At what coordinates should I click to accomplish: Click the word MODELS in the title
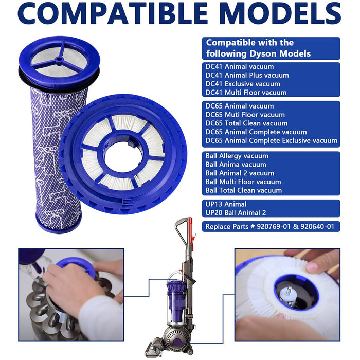pyautogui.click(x=280, y=13)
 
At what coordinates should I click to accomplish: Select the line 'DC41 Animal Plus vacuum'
pyautogui.click(x=247, y=75)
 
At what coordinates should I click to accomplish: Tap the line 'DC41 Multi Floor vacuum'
pyautogui.click(x=246, y=92)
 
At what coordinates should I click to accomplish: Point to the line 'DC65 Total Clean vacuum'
pyautogui.click(x=246, y=123)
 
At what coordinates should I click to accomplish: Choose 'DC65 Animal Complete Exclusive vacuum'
pyautogui.click(x=272, y=140)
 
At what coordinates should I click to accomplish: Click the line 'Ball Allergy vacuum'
pyautogui.click(x=237, y=156)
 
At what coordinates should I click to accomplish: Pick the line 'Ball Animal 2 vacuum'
pyautogui.click(x=240, y=173)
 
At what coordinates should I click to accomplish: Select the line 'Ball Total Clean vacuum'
pyautogui.click(x=244, y=190)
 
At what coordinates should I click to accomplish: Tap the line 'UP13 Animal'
pyautogui.click(x=226, y=204)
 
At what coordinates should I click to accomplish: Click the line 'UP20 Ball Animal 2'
pyautogui.click(x=236, y=212)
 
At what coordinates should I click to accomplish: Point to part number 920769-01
pyautogui.click(x=274, y=226)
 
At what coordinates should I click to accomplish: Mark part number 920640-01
pyautogui.click(x=317, y=226)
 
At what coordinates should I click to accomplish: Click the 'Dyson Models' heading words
pyautogui.click(x=280, y=53)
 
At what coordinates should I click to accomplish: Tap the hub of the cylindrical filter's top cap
pyautogui.click(x=59, y=59)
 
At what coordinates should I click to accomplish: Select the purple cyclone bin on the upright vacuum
pyautogui.click(x=176, y=294)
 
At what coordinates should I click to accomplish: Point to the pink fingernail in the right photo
pyautogui.click(x=312, y=267)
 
